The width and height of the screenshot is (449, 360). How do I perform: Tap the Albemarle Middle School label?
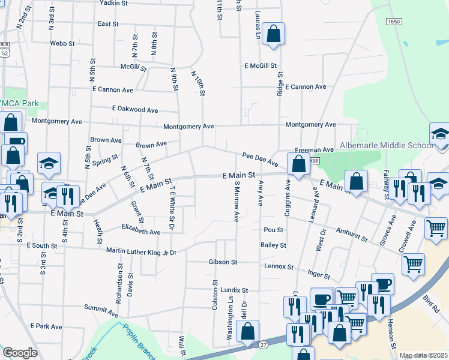(x=386, y=146)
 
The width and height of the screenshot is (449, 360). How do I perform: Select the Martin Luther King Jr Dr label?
(x=141, y=251)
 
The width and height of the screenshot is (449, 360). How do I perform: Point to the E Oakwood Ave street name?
(x=135, y=110)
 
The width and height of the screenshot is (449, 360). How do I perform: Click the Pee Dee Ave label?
(x=260, y=159)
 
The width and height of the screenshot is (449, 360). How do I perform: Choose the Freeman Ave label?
(x=314, y=149)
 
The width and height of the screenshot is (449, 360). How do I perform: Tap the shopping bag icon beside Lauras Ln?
(x=273, y=35)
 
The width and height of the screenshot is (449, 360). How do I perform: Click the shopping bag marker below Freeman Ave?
(x=298, y=163)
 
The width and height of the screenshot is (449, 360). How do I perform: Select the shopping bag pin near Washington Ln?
(x=247, y=332)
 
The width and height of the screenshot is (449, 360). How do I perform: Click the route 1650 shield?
(x=394, y=22)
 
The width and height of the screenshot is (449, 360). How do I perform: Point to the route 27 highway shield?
(x=264, y=344)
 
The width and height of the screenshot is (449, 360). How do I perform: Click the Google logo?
(x=20, y=353)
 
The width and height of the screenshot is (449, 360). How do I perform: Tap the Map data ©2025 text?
(x=424, y=355)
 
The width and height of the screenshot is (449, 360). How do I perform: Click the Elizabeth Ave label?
(x=140, y=232)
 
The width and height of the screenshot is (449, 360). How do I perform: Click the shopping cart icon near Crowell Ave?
(x=436, y=227)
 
